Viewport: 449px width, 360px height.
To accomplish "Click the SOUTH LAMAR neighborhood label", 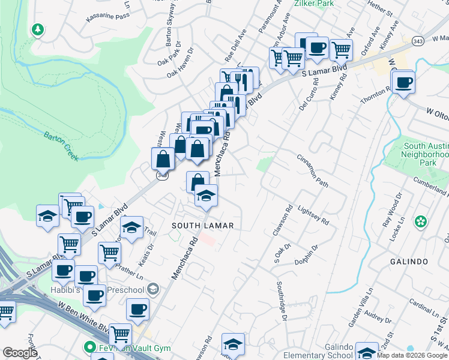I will [202, 226].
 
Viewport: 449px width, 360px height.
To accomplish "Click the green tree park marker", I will [38, 30].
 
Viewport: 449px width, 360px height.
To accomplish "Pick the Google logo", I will [20, 353].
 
